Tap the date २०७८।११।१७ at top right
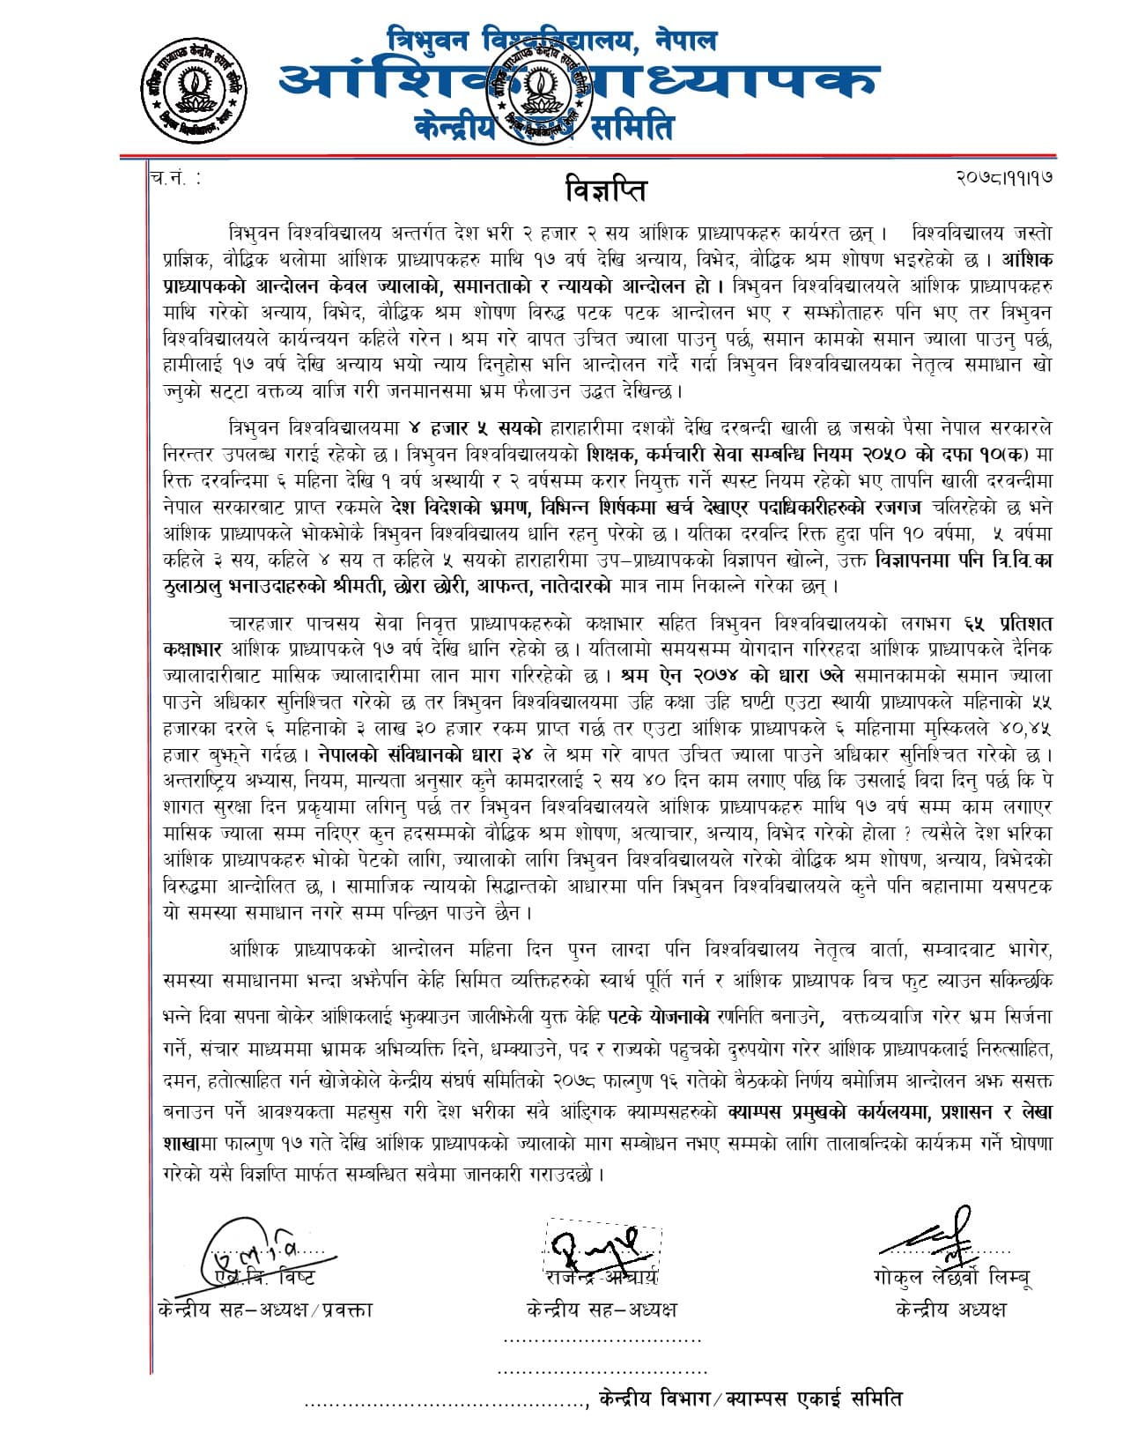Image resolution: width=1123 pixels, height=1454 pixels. pyautogui.click(x=1004, y=176)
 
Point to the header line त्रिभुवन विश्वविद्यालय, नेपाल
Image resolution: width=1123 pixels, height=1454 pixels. pyautogui.click(x=552, y=39)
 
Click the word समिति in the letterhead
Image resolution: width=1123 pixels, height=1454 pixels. pyautogui.click(x=631, y=128)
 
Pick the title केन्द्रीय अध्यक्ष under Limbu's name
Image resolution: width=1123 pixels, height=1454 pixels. pyautogui.click(x=949, y=1309)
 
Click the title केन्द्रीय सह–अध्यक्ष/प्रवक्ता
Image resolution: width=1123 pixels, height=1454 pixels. pyautogui.click(x=262, y=1309)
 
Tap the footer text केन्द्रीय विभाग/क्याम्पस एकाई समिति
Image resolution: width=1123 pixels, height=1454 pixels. pyautogui.click(x=750, y=1398)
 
